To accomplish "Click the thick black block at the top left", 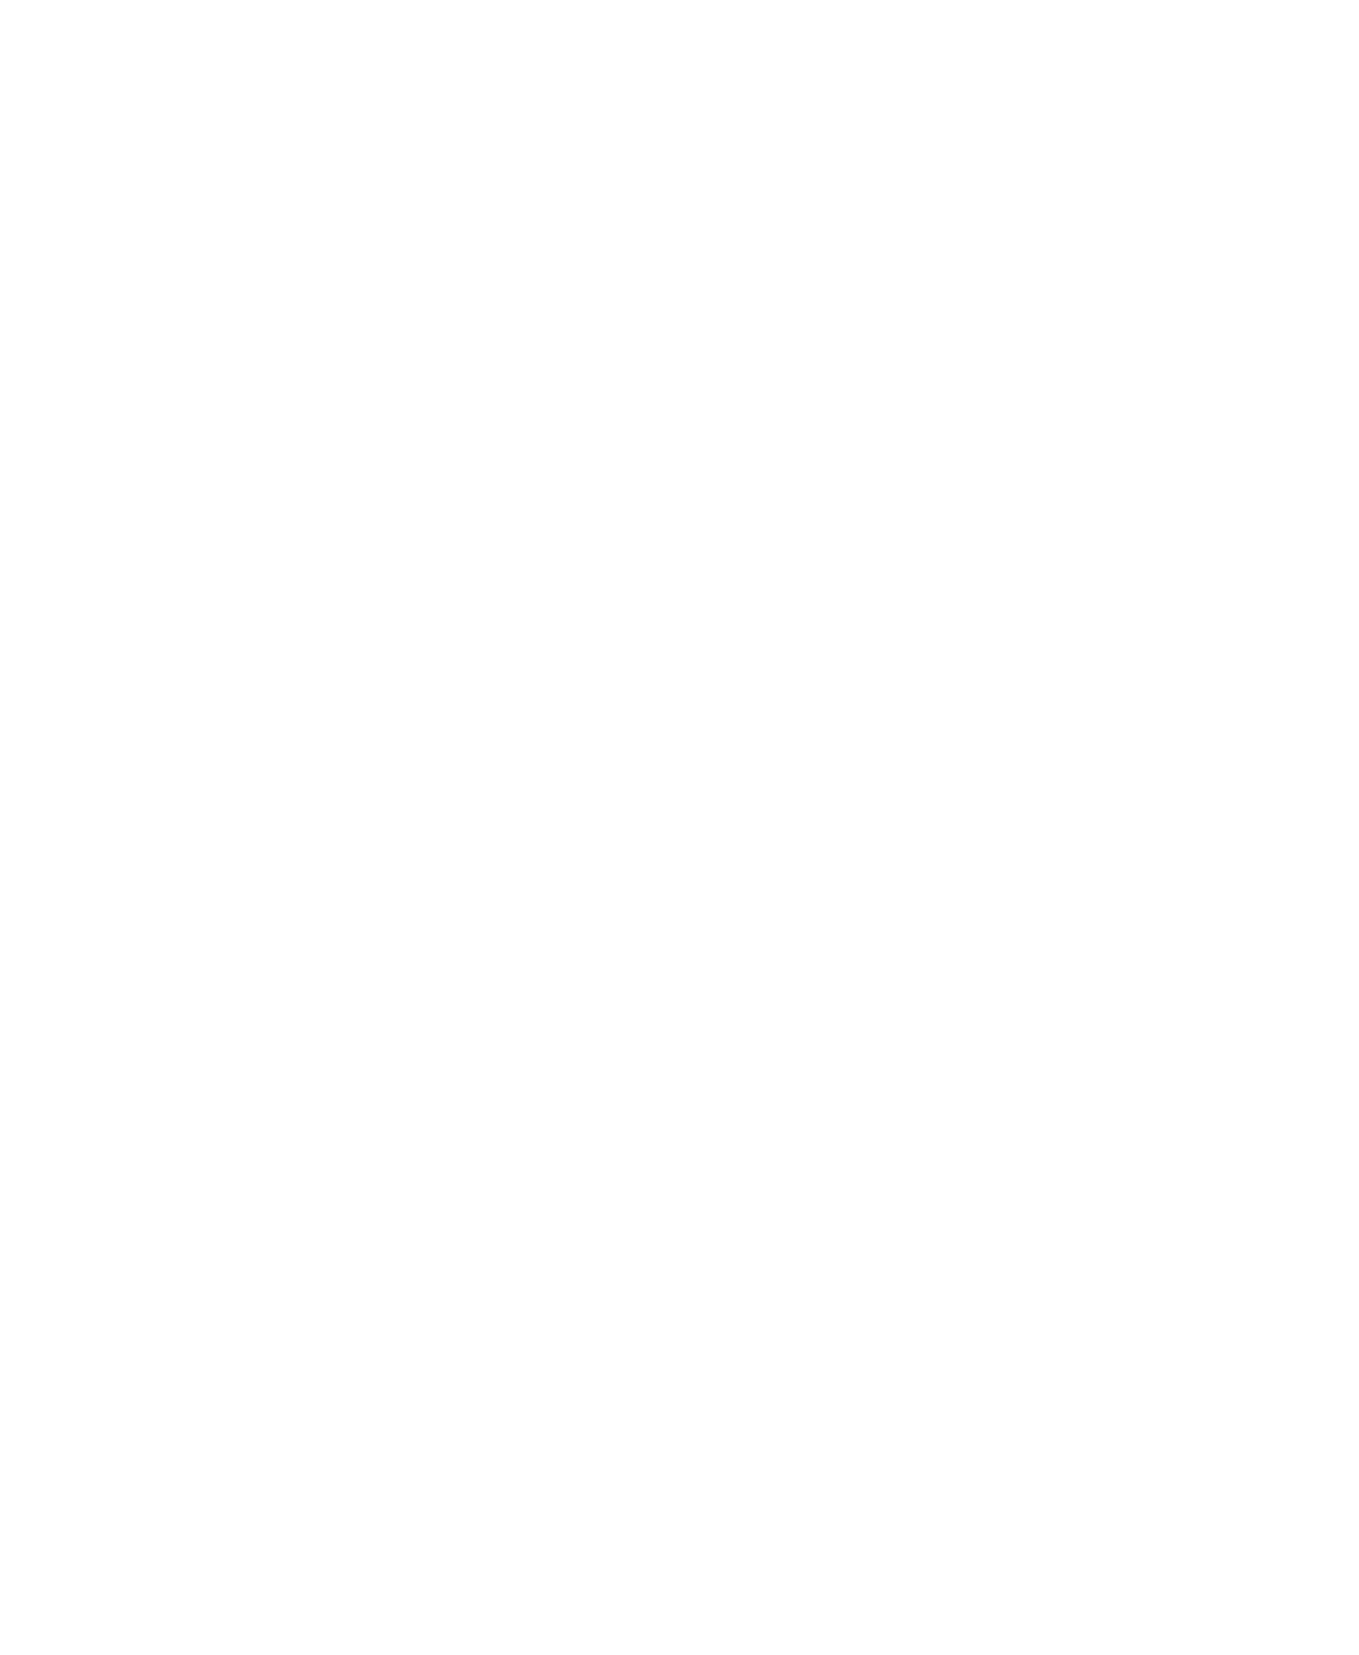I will click(x=116, y=37).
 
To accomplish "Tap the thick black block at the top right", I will click(x=1245, y=37).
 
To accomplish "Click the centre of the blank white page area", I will click(x=679, y=853).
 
